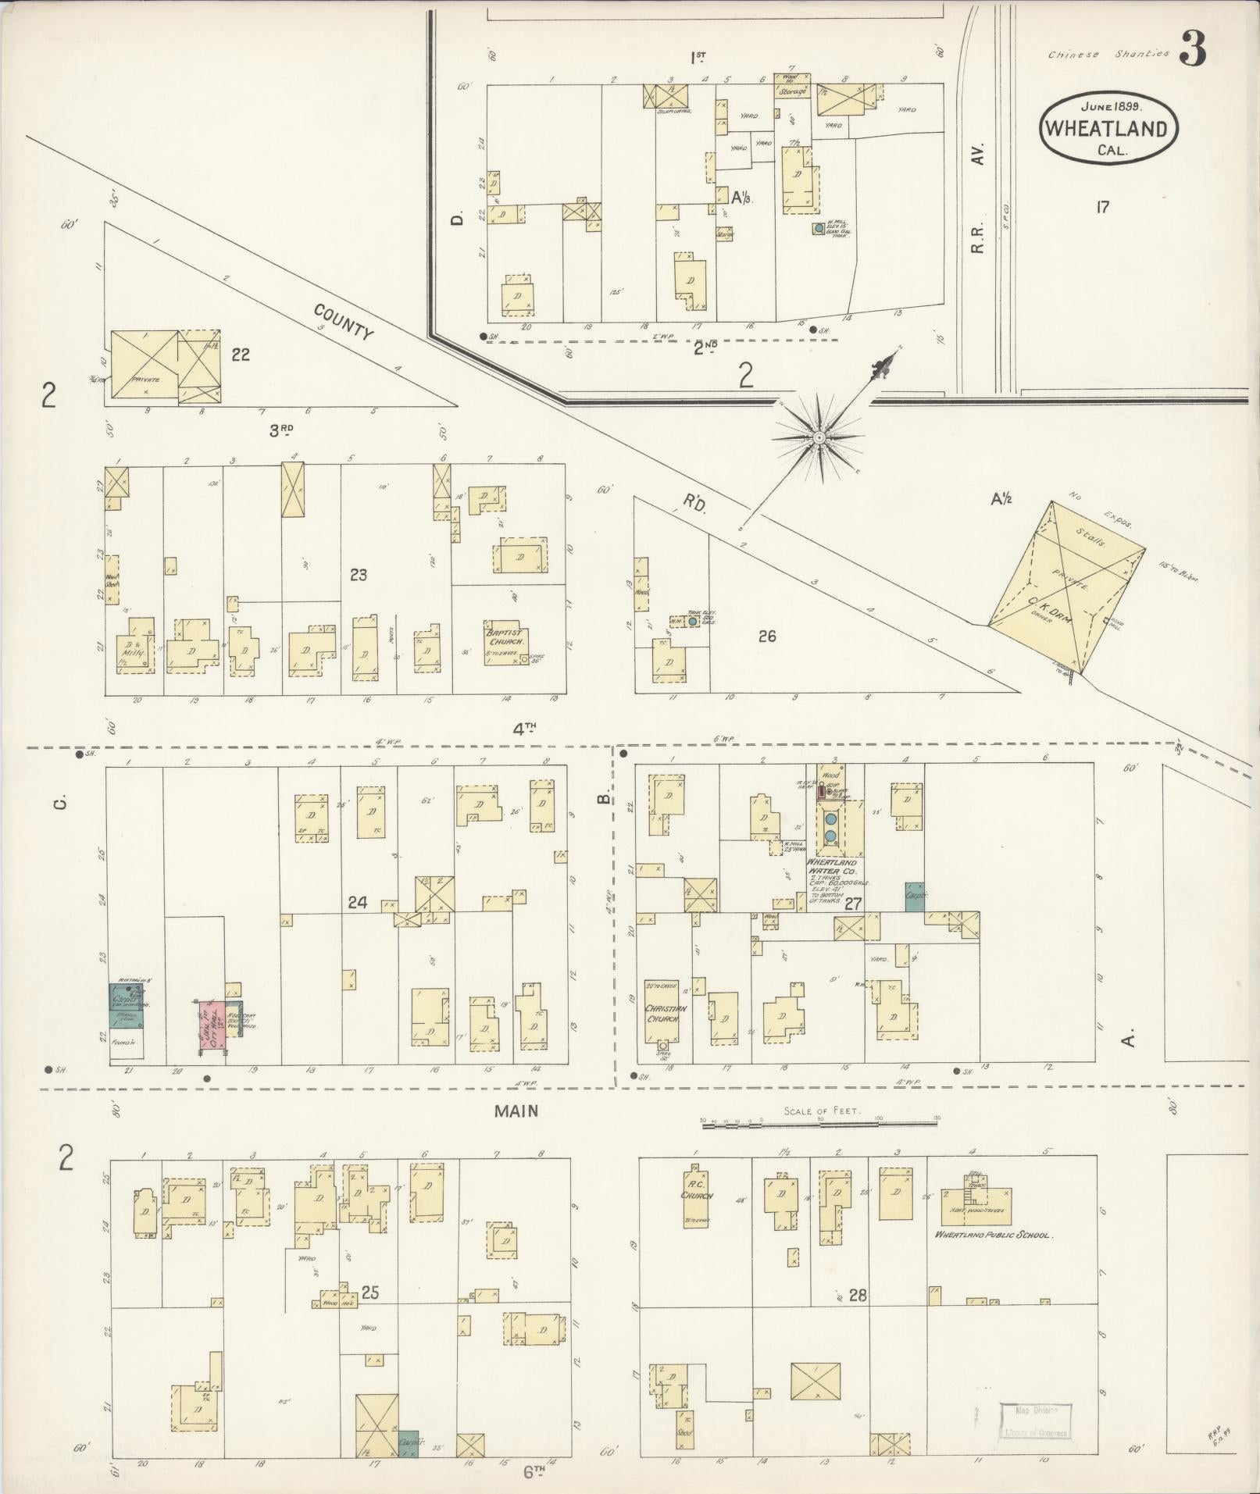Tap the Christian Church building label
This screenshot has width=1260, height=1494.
666,1014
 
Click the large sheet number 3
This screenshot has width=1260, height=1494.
1191,49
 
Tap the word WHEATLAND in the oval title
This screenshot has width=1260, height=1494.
1108,129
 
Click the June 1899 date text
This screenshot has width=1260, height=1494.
1112,105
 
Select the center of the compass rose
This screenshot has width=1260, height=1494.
819,438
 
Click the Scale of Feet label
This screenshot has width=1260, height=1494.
818,1111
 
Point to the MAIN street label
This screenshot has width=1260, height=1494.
516,1111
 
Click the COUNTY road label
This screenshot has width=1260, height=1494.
344,322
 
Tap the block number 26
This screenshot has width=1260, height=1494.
767,636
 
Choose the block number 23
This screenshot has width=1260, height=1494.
359,575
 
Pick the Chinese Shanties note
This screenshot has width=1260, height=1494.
1108,55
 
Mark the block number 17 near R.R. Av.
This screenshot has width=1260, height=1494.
1102,208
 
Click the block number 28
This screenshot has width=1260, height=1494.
858,1295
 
